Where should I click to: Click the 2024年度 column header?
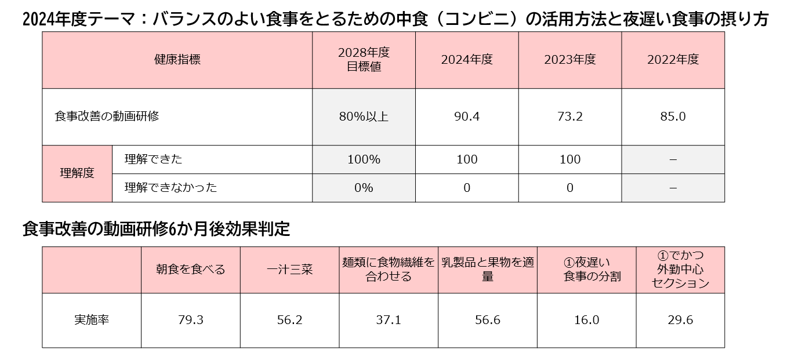[x=467, y=60]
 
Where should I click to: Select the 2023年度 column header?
[x=570, y=60]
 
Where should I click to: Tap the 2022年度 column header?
[x=673, y=60]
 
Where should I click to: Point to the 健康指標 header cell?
[x=177, y=60]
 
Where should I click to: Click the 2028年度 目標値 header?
[x=364, y=60]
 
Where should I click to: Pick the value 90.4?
[x=467, y=117]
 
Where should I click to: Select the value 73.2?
[x=570, y=117]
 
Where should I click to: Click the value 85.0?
[x=673, y=117]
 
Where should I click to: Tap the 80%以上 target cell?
[x=364, y=117]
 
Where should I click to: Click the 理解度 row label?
[x=77, y=173]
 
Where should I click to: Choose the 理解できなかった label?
[x=171, y=188]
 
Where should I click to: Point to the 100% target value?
[x=364, y=159]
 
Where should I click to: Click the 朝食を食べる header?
[x=191, y=270]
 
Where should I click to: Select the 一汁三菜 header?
[x=289, y=270]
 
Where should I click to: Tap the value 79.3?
[x=191, y=320]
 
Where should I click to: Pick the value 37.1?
[x=389, y=320]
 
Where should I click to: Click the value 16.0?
[x=586, y=320]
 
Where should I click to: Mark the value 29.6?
[x=680, y=320]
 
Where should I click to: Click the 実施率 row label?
[x=92, y=320]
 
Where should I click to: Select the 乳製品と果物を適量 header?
[x=488, y=270]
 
